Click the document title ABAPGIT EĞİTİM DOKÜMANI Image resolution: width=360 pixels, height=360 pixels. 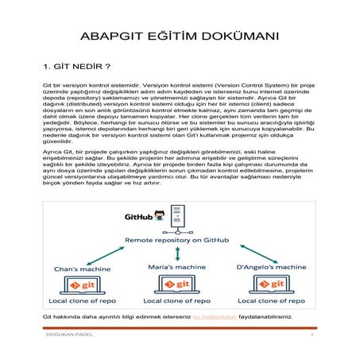[180, 37]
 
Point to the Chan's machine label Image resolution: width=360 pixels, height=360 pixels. [85, 269]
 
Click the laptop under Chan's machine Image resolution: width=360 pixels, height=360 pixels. [86, 284]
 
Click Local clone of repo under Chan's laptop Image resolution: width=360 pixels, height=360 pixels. [86, 301]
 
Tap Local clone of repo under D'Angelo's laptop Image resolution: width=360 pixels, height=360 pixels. [274, 301]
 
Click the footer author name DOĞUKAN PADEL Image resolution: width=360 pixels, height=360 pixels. [67, 345]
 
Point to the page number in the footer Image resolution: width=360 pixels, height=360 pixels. [313, 345]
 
